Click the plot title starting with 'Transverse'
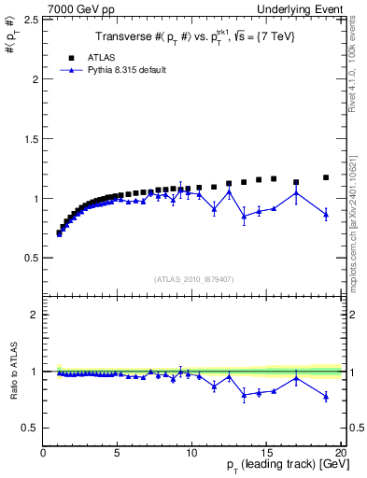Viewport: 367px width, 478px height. (x=191, y=38)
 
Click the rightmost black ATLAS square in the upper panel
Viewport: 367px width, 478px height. (x=326, y=177)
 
